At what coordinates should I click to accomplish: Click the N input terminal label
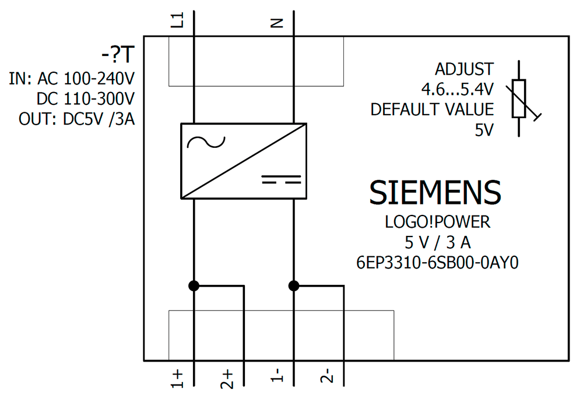coord(277,23)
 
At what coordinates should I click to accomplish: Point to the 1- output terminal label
coord(277,375)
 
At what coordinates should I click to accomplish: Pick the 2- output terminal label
coord(327,376)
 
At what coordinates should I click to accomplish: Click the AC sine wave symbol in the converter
coord(206,142)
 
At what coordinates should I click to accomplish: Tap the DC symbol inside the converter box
coord(281,179)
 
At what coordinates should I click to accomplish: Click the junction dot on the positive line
coord(194,285)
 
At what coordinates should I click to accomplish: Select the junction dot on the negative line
coord(294,285)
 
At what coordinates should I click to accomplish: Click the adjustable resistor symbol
coord(521,99)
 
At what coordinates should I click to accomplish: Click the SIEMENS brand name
coord(435,192)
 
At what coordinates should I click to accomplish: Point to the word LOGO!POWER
coord(438,222)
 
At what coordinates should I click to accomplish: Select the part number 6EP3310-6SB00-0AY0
coord(437,263)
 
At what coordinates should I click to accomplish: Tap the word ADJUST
coord(465,69)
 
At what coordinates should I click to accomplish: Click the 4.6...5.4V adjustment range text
coord(457,89)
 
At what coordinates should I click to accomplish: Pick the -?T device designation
coord(118,55)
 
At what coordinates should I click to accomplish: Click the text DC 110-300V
coord(86,99)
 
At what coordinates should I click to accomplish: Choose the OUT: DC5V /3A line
coord(76,119)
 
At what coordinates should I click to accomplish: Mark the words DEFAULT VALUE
coord(432,109)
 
